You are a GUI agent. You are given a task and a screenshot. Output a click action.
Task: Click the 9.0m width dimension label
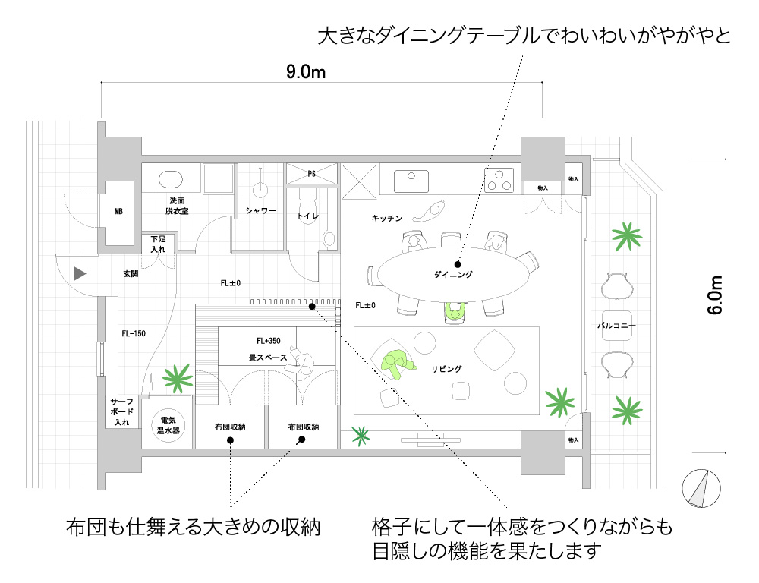306,73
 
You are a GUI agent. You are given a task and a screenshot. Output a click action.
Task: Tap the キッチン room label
386,218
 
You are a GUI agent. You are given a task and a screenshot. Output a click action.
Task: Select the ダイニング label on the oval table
453,274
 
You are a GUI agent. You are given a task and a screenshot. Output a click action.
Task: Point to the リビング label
446,369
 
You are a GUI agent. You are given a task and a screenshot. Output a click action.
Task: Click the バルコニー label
616,326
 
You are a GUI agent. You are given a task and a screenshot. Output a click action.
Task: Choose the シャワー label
260,210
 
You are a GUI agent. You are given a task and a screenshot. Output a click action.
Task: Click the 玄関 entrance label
130,273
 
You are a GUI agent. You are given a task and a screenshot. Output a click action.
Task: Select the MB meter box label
118,211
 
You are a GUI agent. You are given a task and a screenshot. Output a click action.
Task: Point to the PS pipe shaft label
311,174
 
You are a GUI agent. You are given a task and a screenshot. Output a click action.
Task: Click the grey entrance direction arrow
79,273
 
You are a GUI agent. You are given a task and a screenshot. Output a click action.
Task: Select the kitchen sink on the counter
411,181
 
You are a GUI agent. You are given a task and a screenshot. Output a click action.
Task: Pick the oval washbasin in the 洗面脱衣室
171,180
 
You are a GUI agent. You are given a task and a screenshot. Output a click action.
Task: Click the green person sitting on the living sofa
396,362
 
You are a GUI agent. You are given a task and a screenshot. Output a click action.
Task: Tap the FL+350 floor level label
269,341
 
